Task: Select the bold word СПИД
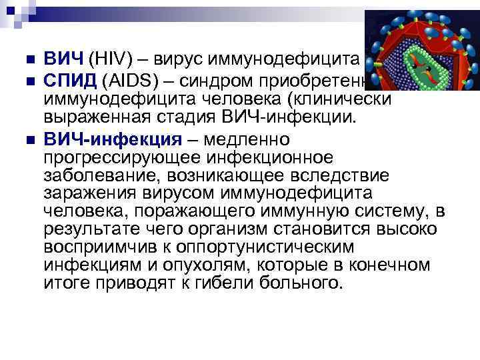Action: (70, 81)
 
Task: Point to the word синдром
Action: (219, 81)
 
